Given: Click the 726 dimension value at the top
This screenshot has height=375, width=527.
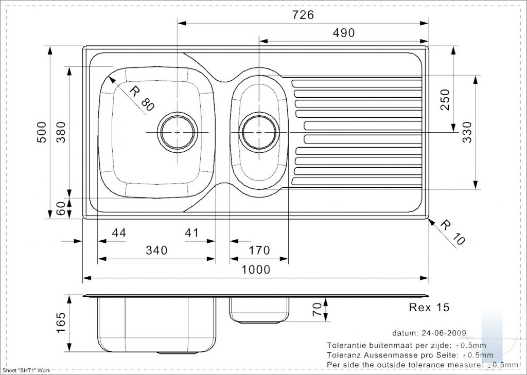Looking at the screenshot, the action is pos(303,15).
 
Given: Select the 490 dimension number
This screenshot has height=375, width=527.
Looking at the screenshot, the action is pos(343,33).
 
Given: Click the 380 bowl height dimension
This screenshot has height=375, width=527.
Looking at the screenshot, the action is pos(61,132).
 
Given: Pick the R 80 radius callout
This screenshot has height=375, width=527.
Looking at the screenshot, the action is pos(142,99).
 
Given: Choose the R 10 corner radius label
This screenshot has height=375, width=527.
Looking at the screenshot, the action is pos(452,232).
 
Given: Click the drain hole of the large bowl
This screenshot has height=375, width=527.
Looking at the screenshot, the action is pos(178,132).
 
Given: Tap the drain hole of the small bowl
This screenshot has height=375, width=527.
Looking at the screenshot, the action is pos(259,132).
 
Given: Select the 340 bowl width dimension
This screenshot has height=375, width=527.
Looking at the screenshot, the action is pos(156,251).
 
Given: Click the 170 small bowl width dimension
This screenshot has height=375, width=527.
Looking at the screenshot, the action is pos(259,251).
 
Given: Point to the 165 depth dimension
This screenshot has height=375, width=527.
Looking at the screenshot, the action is pos(61,323).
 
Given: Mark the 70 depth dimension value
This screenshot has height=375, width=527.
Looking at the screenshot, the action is pos(317,310).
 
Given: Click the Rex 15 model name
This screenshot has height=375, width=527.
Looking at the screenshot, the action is pos(429,307).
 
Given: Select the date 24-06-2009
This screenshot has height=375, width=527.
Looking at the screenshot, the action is pos(443,333).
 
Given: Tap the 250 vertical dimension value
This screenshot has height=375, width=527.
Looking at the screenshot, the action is pos(445,100).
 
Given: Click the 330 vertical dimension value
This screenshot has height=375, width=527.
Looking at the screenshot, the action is pos(467,132).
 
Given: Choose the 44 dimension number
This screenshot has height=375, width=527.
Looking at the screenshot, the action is pos(119,233).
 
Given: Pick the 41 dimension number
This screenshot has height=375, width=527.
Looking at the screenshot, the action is pos(191,233).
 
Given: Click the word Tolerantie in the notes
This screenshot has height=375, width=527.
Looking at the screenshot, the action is pos(346,346).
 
